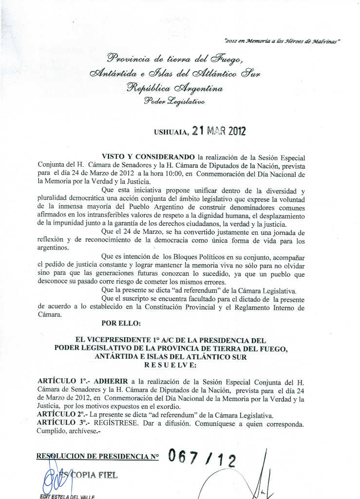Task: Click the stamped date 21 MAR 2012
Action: point(219,131)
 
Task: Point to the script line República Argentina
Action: point(174,89)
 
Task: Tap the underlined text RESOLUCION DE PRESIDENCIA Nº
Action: point(98,457)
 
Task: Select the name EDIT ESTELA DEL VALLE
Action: point(68,496)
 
